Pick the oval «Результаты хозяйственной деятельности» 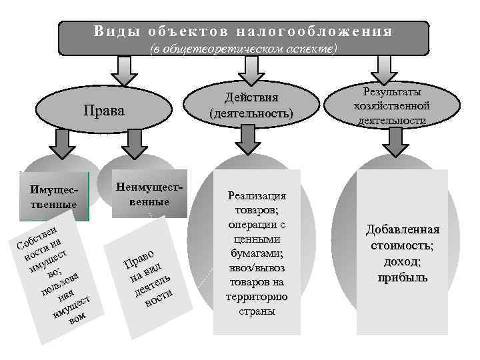[x=391, y=105]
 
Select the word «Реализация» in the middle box [x=257, y=196]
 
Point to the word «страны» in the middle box [x=257, y=311]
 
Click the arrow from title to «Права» [x=122, y=67]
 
